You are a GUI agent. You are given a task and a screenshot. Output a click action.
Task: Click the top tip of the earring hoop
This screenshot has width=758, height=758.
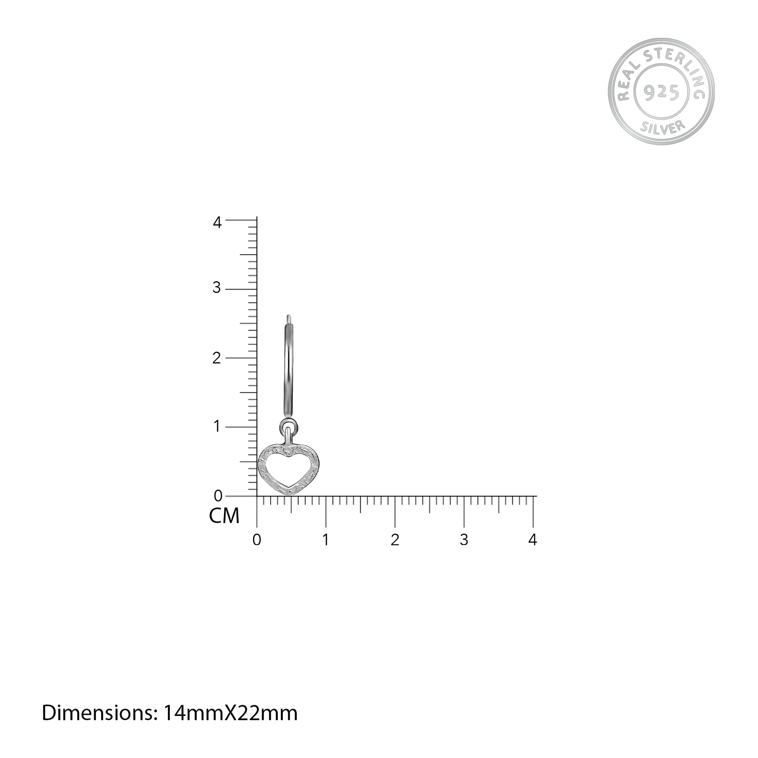click(x=289, y=316)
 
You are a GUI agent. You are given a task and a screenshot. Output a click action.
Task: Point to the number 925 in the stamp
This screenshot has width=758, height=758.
click(x=662, y=93)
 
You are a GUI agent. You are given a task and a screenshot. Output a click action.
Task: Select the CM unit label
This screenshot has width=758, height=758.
click(x=224, y=516)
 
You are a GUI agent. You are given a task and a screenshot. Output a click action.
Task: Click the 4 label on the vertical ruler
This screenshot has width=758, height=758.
click(x=217, y=223)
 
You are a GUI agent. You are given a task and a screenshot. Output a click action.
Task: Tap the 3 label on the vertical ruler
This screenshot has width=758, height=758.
click(x=217, y=288)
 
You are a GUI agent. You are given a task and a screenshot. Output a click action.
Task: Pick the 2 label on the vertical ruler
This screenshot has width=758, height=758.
click(x=217, y=358)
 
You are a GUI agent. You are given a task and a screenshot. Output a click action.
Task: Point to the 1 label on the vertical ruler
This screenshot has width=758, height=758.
click(x=217, y=427)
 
